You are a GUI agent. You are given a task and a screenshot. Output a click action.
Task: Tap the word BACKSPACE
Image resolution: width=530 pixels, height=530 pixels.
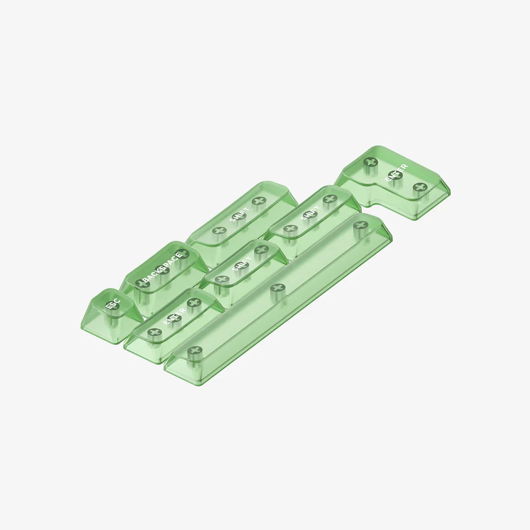[162, 268]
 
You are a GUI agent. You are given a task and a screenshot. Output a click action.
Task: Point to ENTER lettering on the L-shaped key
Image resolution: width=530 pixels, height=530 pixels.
[396, 173]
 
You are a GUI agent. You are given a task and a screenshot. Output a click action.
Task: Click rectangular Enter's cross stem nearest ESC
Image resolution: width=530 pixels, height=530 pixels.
[155, 332]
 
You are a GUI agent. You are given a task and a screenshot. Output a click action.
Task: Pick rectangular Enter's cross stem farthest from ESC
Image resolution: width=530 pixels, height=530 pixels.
[194, 303]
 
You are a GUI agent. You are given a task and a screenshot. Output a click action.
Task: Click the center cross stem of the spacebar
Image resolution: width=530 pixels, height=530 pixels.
[278, 288]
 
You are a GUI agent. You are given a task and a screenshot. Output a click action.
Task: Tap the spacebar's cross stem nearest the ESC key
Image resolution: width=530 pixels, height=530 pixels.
[195, 350]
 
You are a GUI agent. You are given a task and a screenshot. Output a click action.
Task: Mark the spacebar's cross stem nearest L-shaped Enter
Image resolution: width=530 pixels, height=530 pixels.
[361, 225]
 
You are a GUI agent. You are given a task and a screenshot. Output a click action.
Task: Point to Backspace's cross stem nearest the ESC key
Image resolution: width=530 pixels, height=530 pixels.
[143, 283]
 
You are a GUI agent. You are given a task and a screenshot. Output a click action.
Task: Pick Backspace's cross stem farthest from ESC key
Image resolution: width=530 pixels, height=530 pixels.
[182, 254]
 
